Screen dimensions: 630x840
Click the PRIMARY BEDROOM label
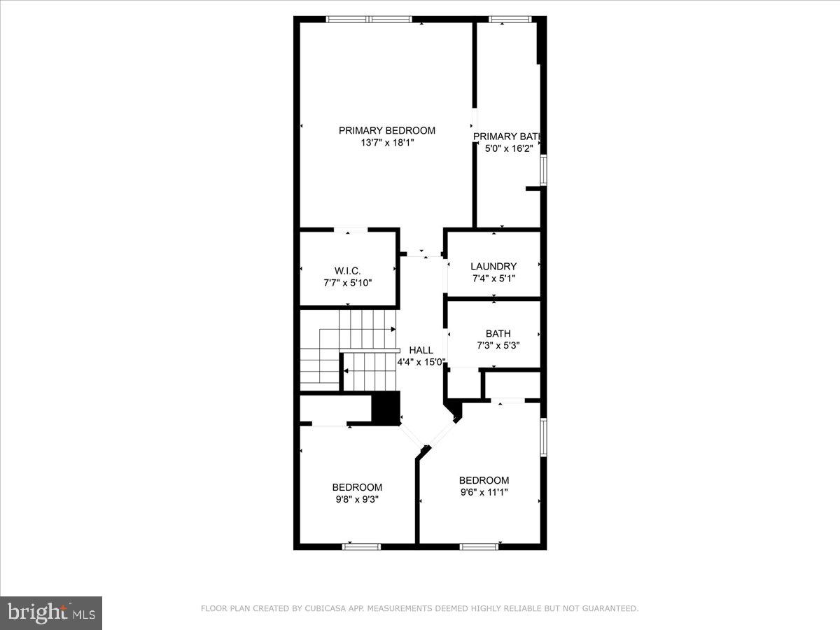386,130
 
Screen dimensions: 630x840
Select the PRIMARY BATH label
508,136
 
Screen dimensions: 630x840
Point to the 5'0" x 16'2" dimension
509,148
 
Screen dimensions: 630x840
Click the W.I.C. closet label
347,270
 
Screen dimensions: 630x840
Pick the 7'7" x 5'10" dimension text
347,283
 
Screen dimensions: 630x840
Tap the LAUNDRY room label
493,266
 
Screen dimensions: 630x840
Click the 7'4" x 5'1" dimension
493,279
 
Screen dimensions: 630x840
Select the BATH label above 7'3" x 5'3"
498,333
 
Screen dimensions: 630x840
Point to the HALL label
421,350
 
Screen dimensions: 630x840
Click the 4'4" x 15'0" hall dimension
421,362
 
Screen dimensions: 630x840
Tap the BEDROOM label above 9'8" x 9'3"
357,487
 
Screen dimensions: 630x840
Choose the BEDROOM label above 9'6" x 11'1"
484,480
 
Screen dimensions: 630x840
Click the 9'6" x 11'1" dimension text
484,492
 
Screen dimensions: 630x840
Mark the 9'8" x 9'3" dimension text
357,499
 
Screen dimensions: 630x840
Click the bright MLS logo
51,613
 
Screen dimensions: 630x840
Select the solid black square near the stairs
384,407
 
